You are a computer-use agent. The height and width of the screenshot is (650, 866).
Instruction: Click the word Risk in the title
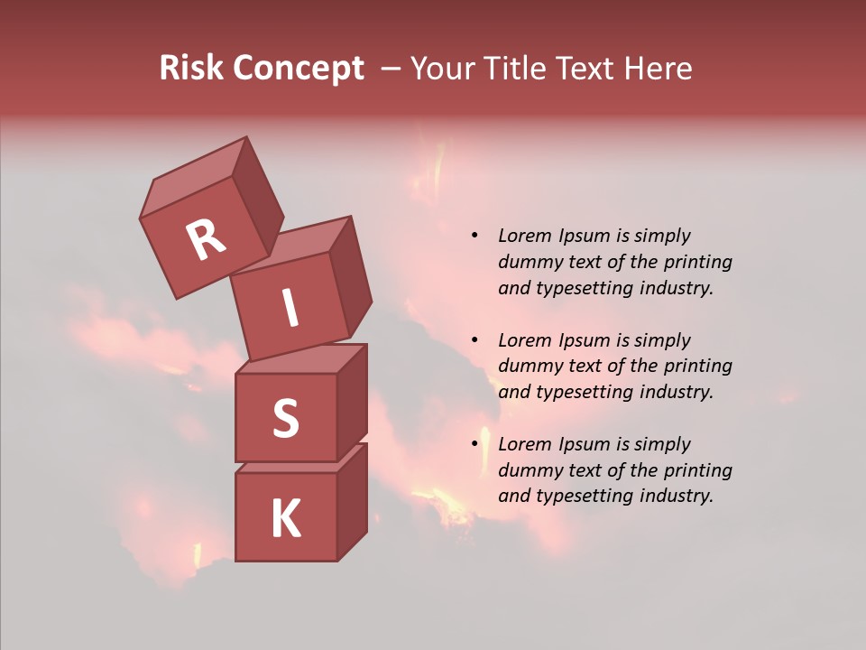(192, 69)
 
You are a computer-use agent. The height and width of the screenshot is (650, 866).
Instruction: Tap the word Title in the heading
(517, 69)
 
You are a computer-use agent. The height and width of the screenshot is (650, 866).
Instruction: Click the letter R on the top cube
(206, 239)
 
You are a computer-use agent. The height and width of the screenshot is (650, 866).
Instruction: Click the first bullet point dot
(474, 237)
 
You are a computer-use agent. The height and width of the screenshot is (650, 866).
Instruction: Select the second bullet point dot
(474, 341)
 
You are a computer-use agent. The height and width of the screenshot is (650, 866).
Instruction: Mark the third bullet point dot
(474, 445)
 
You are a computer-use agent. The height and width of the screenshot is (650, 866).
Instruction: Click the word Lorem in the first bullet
(523, 237)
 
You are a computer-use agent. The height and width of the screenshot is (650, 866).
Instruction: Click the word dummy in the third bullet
(530, 470)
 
